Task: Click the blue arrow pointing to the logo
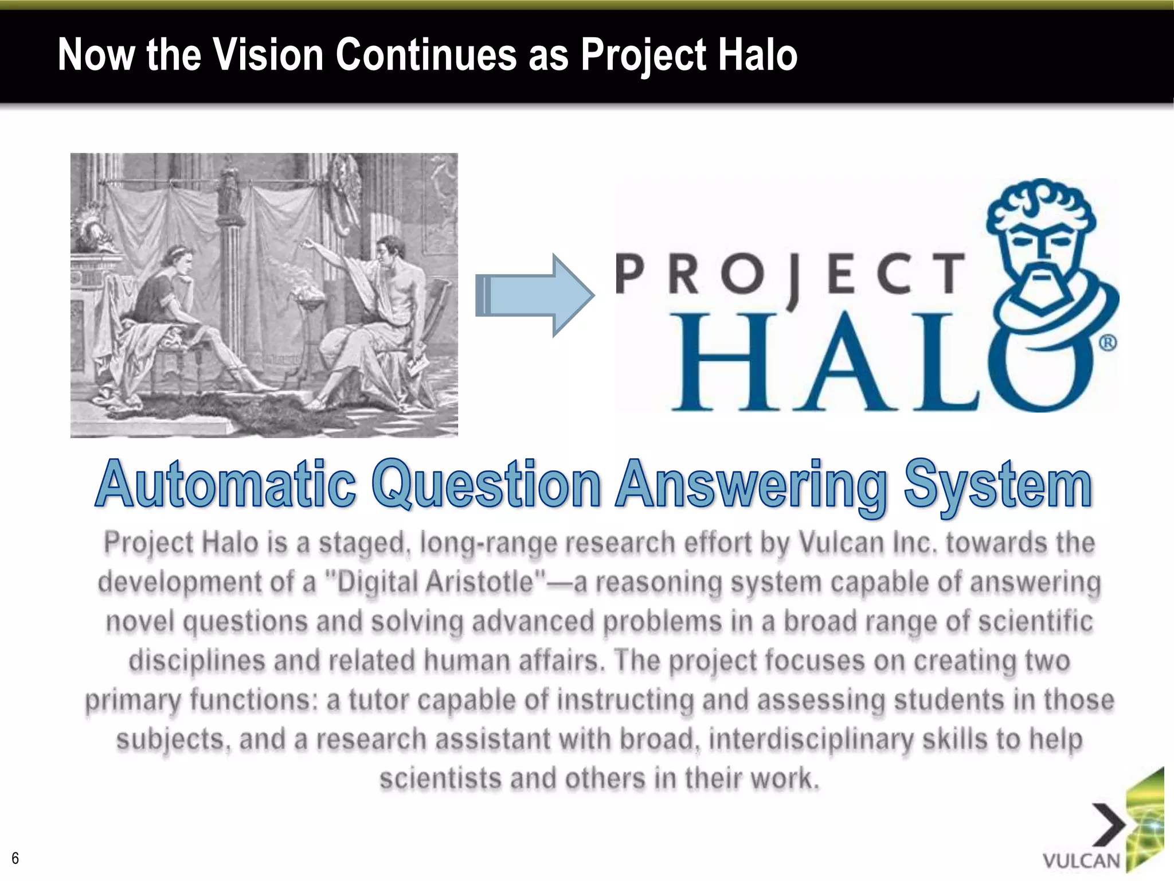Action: (x=534, y=295)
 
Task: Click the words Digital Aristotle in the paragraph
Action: (x=444, y=583)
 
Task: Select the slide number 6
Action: (x=15, y=858)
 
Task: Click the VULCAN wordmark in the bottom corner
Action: (x=1081, y=861)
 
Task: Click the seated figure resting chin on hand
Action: (x=166, y=298)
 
